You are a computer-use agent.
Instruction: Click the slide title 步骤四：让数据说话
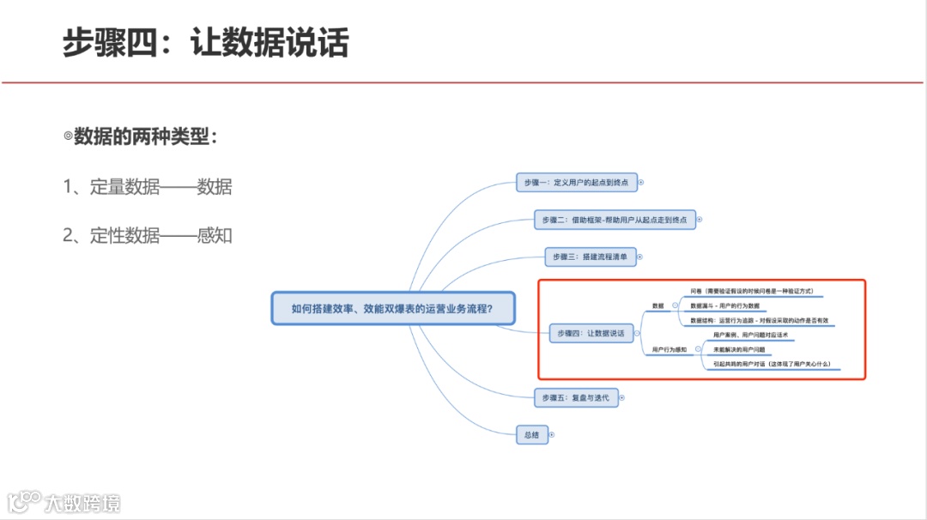[x=206, y=43]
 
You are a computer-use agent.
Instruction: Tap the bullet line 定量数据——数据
[x=148, y=186]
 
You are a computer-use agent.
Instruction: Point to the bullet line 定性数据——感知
[x=148, y=235]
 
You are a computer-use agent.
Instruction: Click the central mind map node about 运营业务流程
[x=392, y=308]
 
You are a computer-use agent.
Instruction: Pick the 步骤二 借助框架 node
[x=614, y=220]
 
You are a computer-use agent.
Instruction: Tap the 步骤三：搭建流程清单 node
[x=590, y=257]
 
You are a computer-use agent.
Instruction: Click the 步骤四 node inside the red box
[x=590, y=332]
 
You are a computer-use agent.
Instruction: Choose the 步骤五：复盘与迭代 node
[x=575, y=397]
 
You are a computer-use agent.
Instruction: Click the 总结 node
[x=531, y=435]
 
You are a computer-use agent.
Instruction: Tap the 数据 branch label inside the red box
[x=658, y=305]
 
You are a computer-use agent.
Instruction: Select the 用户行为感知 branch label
[x=669, y=349]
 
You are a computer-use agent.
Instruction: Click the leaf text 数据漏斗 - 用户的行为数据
[x=725, y=305]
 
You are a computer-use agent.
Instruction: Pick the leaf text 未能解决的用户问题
[x=739, y=349]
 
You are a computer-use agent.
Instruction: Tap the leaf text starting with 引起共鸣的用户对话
[x=772, y=364]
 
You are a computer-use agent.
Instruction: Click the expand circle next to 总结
[x=552, y=435]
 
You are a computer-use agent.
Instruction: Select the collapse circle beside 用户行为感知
[x=697, y=349]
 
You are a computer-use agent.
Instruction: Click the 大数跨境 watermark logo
[x=64, y=502]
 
